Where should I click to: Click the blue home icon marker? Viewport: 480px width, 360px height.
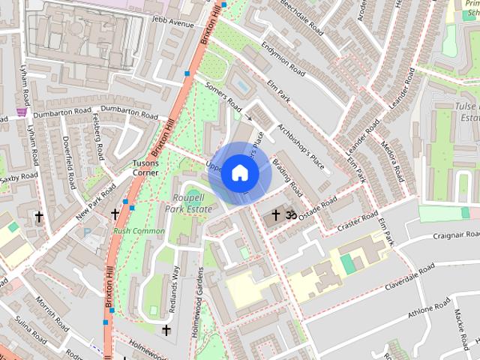click(x=239, y=173)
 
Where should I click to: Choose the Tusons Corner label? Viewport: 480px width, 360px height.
click(x=145, y=167)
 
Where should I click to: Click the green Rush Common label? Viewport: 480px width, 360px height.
click(x=139, y=231)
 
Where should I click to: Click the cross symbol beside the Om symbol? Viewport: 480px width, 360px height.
click(x=275, y=216)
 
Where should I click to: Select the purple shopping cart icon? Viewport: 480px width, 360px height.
click(x=21, y=112)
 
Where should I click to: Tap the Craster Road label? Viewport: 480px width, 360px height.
click(x=358, y=221)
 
